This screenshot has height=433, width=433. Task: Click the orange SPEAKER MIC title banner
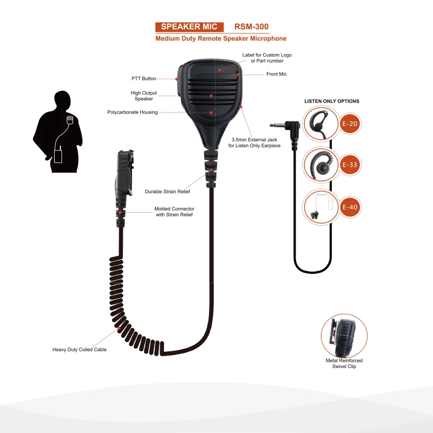189,27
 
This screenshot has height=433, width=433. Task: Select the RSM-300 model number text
251,27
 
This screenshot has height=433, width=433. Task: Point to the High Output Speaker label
143,96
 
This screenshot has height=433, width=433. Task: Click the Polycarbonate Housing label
133,113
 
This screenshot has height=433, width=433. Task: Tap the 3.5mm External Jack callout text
254,142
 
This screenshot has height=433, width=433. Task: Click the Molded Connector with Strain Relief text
174,212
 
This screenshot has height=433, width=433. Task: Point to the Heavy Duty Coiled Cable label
80,350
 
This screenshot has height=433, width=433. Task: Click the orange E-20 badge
350,124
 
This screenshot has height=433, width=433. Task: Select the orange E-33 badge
350,165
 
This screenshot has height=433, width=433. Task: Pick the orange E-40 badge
350,207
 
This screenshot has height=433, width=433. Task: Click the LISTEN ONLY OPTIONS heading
332,101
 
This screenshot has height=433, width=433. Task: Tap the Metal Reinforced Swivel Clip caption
344,363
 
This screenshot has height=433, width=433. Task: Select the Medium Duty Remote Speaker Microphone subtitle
221,39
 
